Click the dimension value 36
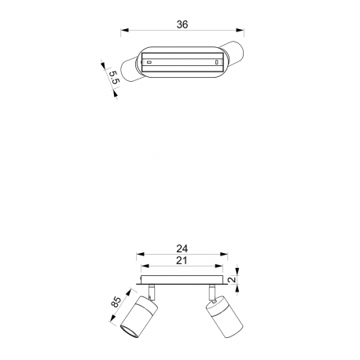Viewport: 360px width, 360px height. click(182, 24)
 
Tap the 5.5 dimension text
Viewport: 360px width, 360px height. click(114, 77)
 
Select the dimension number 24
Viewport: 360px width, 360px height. click(182, 248)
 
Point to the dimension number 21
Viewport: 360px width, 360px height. click(182, 260)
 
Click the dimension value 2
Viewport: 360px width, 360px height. click(232, 280)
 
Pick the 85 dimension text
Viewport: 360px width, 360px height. click(116, 302)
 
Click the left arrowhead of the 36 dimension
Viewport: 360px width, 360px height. click(125, 30)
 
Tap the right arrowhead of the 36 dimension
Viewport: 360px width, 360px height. click(240, 30)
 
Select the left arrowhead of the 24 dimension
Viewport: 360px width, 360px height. click(141, 254)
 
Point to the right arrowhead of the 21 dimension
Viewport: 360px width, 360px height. click(219, 266)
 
